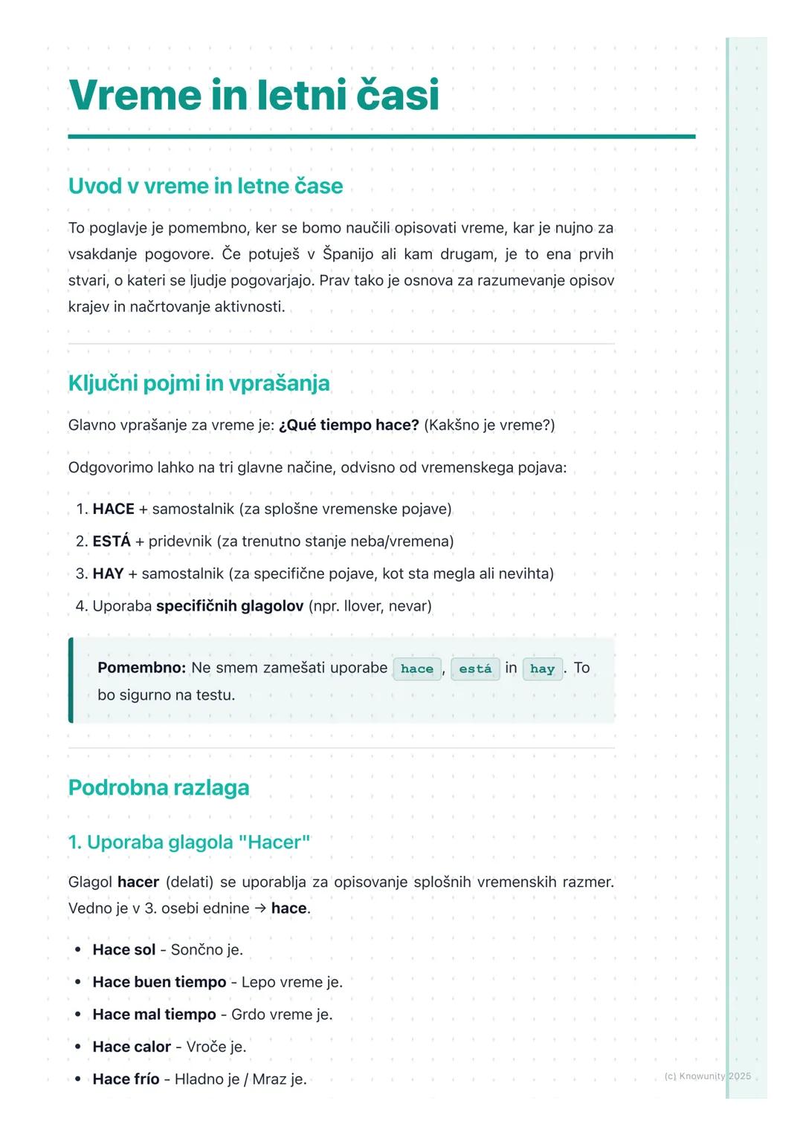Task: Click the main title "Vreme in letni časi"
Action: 254,95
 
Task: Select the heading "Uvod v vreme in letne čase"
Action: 205,186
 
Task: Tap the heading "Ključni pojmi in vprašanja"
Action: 199,383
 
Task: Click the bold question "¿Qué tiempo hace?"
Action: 349,425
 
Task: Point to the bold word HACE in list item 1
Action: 114,509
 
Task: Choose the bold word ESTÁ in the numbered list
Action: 112,542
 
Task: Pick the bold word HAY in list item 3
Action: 108,573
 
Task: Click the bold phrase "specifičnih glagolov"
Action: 230,606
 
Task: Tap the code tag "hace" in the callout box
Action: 417,669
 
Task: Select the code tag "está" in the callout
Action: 475,669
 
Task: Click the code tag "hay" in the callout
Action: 542,669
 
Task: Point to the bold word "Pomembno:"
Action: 141,668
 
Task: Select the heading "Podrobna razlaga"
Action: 158,787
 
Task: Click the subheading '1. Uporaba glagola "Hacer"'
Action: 189,842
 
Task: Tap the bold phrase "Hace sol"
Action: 124,950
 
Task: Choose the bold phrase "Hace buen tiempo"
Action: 159,982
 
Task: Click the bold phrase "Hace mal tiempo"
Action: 154,1015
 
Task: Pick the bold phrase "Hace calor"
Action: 132,1047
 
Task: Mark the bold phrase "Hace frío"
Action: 126,1079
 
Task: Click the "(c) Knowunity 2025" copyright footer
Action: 707,1076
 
